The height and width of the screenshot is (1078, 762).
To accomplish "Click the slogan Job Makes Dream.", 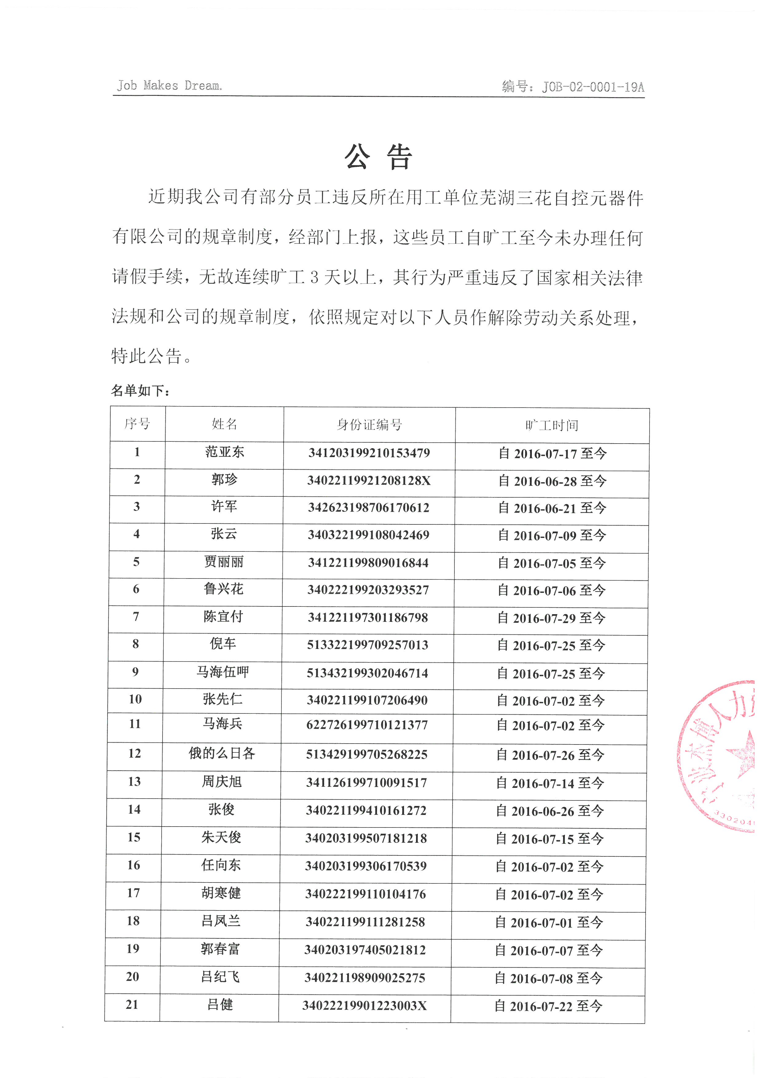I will click(x=169, y=85).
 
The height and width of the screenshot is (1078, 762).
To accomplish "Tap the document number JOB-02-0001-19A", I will click(x=573, y=87).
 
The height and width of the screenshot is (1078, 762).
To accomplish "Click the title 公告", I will click(x=378, y=156).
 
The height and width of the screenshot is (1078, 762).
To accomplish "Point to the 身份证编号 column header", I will click(x=369, y=425).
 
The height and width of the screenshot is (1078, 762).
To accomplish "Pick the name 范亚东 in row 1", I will click(x=224, y=452).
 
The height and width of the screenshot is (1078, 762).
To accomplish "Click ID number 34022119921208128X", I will click(x=369, y=480).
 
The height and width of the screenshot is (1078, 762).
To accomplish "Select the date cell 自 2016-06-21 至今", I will click(x=552, y=508).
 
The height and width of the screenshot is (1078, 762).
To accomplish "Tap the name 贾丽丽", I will click(x=223, y=562).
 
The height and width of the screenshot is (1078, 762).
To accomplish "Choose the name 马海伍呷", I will click(x=222, y=672).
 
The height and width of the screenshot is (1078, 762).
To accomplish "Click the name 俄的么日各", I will click(x=222, y=754).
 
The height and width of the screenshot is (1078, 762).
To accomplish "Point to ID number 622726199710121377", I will click(x=367, y=725).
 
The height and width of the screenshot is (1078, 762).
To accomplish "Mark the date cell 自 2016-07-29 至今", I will click(x=551, y=618).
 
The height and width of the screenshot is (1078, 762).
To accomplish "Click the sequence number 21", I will click(x=132, y=1005).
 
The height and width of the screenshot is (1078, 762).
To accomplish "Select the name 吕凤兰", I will click(x=221, y=921).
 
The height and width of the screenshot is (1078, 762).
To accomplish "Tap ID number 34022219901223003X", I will click(x=365, y=1006).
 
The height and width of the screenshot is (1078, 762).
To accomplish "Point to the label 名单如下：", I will click(x=140, y=390).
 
